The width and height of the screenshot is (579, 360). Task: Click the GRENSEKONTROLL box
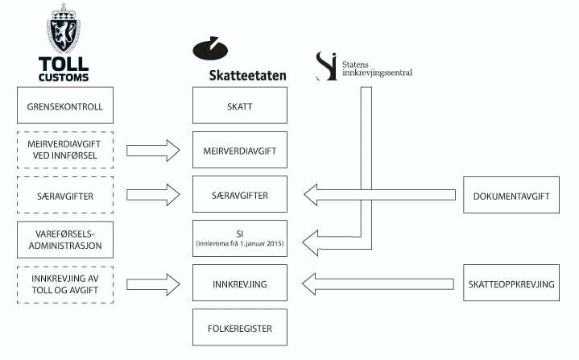tap(65, 106)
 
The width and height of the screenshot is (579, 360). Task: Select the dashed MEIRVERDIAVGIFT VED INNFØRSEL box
tap(65, 150)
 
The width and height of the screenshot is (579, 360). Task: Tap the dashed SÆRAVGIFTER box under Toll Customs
tap(65, 194)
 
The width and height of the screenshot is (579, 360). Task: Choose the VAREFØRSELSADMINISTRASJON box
tap(65, 238)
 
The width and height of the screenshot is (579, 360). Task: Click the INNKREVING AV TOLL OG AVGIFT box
tap(65, 283)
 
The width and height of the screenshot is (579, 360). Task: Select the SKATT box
tap(240, 106)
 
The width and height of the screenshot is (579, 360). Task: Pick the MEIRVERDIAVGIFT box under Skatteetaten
tap(240, 150)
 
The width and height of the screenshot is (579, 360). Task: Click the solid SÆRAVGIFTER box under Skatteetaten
tap(240, 194)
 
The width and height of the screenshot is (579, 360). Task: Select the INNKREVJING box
tap(240, 283)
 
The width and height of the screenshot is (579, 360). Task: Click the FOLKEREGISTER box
tap(240, 328)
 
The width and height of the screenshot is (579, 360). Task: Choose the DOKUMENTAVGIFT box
tap(511, 194)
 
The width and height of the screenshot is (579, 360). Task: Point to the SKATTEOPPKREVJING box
tap(511, 283)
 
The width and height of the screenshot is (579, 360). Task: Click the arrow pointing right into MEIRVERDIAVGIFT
tap(153, 150)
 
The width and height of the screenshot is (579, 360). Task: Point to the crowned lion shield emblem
tap(65, 30)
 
